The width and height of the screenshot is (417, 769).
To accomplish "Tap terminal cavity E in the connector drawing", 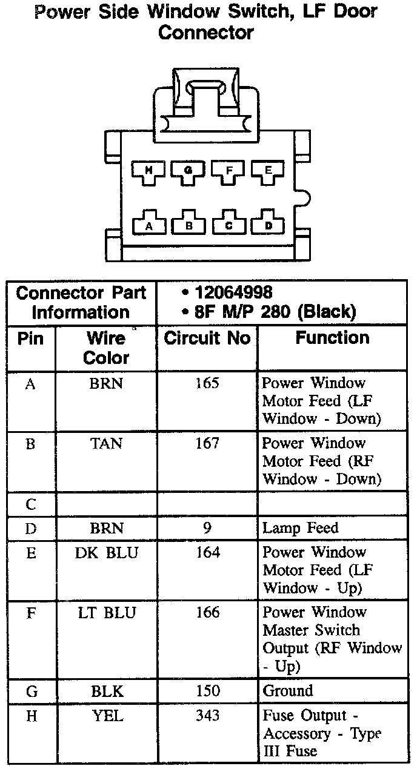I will (269, 171).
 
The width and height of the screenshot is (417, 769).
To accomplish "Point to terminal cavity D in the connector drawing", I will (269, 224).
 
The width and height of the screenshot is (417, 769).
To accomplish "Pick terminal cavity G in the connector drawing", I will (188, 171).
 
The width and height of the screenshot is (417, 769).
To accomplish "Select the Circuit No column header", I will (207, 338).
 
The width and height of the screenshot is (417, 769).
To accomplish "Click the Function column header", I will (332, 338).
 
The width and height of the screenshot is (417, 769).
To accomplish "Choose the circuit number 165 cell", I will (207, 383).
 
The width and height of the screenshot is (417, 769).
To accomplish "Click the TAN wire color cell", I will (106, 443).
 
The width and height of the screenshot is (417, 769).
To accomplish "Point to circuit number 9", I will (207, 528).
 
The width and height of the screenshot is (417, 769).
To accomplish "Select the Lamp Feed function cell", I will (300, 528).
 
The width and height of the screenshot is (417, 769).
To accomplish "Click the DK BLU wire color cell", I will (106, 552).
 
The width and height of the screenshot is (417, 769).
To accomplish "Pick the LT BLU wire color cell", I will (106, 612).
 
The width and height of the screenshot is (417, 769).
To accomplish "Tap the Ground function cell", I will (288, 691).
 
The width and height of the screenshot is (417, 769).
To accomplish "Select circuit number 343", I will (207, 716).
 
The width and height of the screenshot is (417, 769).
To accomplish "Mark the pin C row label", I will (31, 504).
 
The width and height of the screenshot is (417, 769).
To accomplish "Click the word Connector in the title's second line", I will (206, 33).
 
